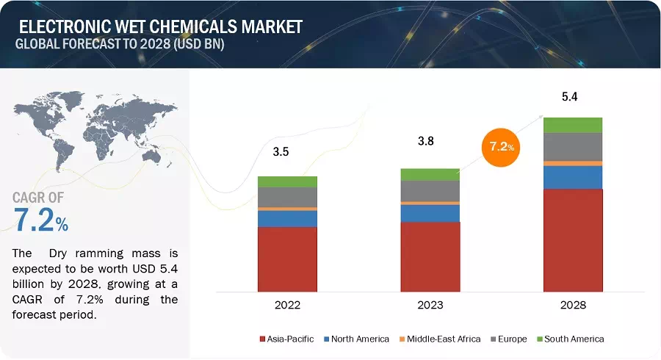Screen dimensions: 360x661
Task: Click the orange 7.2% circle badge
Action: pyautogui.click(x=499, y=147)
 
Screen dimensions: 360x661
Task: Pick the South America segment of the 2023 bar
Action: pyautogui.click(x=430, y=174)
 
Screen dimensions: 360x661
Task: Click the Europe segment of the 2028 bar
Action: pyautogui.click(x=573, y=146)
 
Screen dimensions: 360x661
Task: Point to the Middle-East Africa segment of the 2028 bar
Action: pyautogui.click(x=573, y=163)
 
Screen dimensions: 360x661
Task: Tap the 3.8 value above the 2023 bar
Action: pyautogui.click(x=425, y=141)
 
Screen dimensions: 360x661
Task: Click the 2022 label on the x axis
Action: pyautogui.click(x=287, y=304)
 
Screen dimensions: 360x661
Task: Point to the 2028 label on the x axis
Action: pyautogui.click(x=573, y=304)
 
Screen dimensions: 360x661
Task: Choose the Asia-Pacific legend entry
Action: pyautogui.click(x=286, y=339)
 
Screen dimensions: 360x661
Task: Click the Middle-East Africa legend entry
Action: pyautogui.click(x=440, y=339)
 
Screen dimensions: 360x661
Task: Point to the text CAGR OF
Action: pyautogui.click(x=38, y=197)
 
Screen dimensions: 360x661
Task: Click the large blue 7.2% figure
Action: pyautogui.click(x=41, y=220)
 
